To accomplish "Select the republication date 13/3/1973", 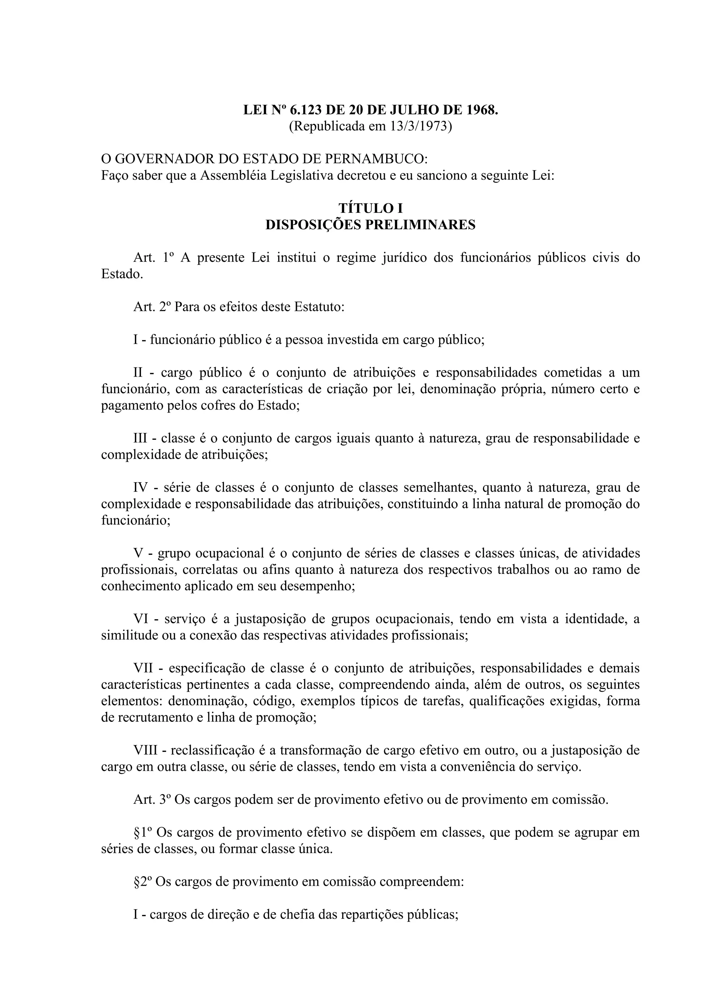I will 420,126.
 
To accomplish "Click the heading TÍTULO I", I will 370,208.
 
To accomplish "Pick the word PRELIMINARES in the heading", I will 420,224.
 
